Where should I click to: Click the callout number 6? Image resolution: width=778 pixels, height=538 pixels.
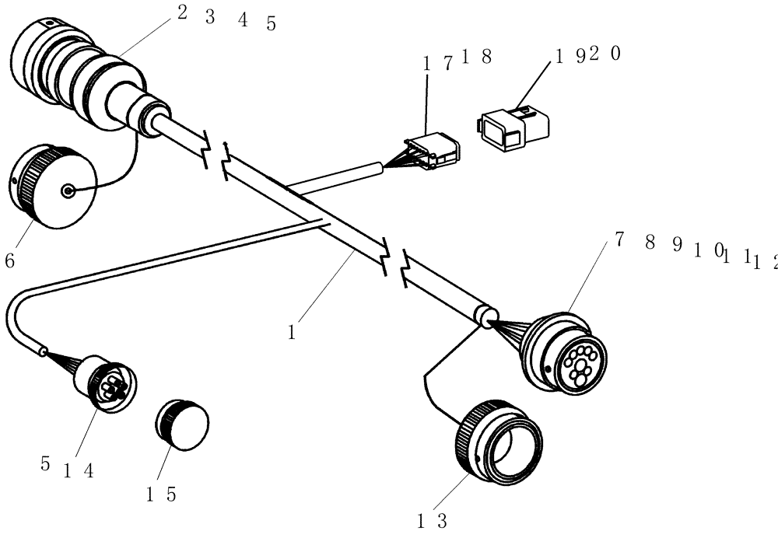9,261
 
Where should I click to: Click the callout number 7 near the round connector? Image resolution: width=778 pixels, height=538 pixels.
619,240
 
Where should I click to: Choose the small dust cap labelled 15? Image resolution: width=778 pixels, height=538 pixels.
183,425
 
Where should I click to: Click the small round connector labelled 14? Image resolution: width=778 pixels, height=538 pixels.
108,381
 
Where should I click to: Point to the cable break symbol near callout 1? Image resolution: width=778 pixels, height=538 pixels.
394,264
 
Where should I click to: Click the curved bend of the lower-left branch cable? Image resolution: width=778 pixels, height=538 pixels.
17,311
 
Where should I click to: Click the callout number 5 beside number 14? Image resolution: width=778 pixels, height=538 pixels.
45,464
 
